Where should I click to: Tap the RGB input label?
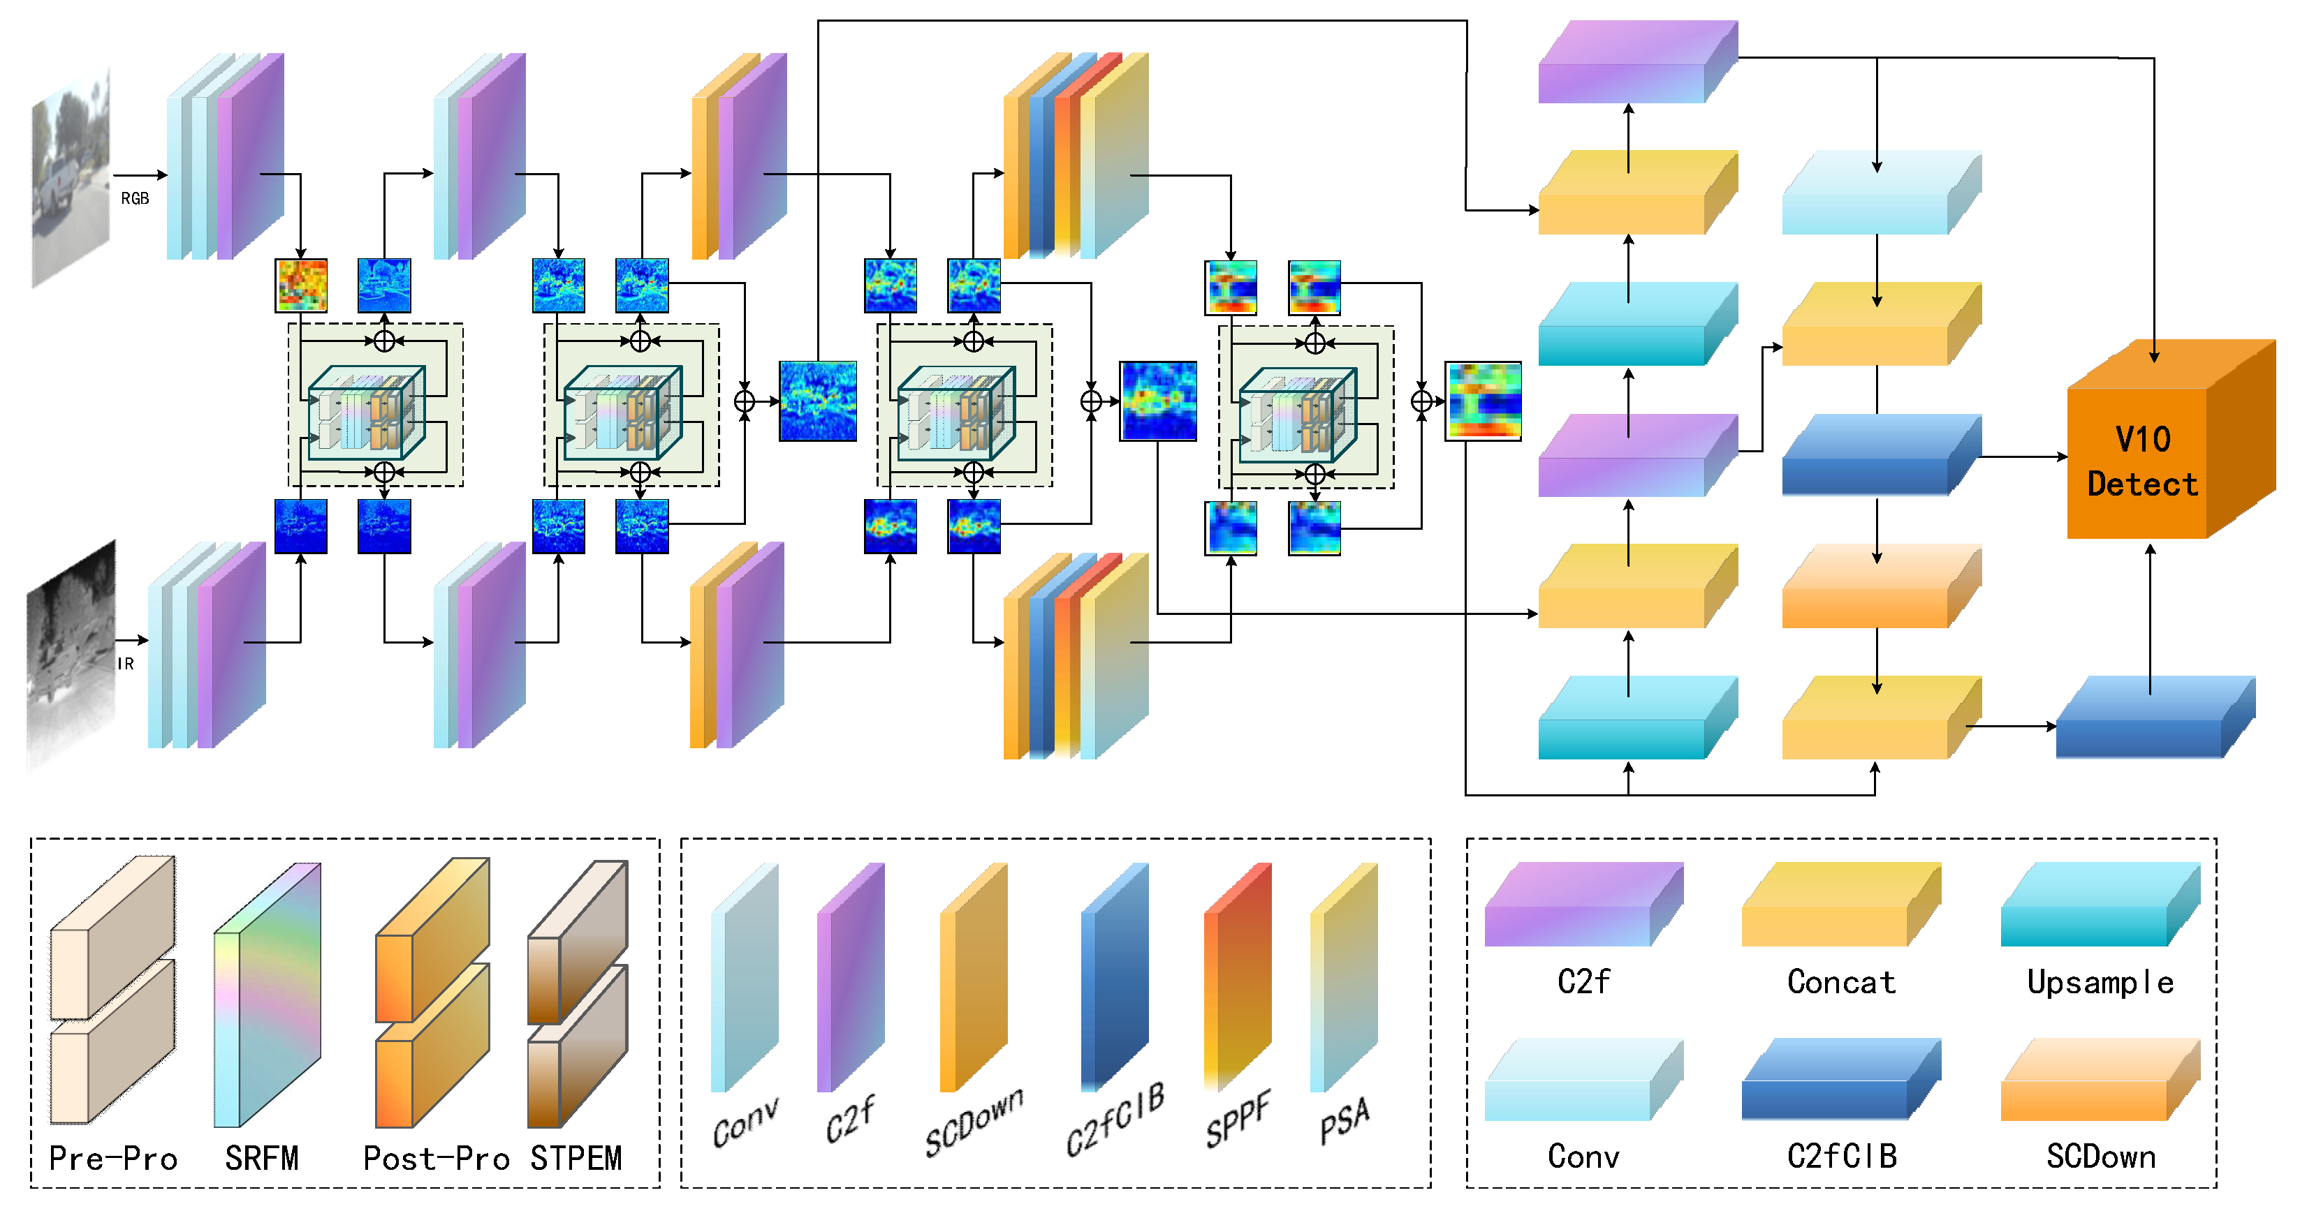pyautogui.click(x=135, y=198)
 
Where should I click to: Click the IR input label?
pyautogui.click(x=126, y=664)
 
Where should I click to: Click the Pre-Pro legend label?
pyautogui.click(x=112, y=1159)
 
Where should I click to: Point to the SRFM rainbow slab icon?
pyautogui.click(x=267, y=995)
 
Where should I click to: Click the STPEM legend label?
pyautogui.click(x=576, y=1159)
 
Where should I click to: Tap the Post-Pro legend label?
pyautogui.click(x=436, y=1159)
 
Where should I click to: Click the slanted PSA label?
pyautogui.click(x=1344, y=1121)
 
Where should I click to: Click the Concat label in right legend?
pyautogui.click(x=1841, y=981)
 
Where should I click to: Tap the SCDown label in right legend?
pyautogui.click(x=2100, y=1157)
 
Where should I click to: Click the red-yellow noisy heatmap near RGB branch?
pyautogui.click(x=301, y=285)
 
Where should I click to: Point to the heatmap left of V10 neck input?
pyautogui.click(x=1483, y=401)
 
